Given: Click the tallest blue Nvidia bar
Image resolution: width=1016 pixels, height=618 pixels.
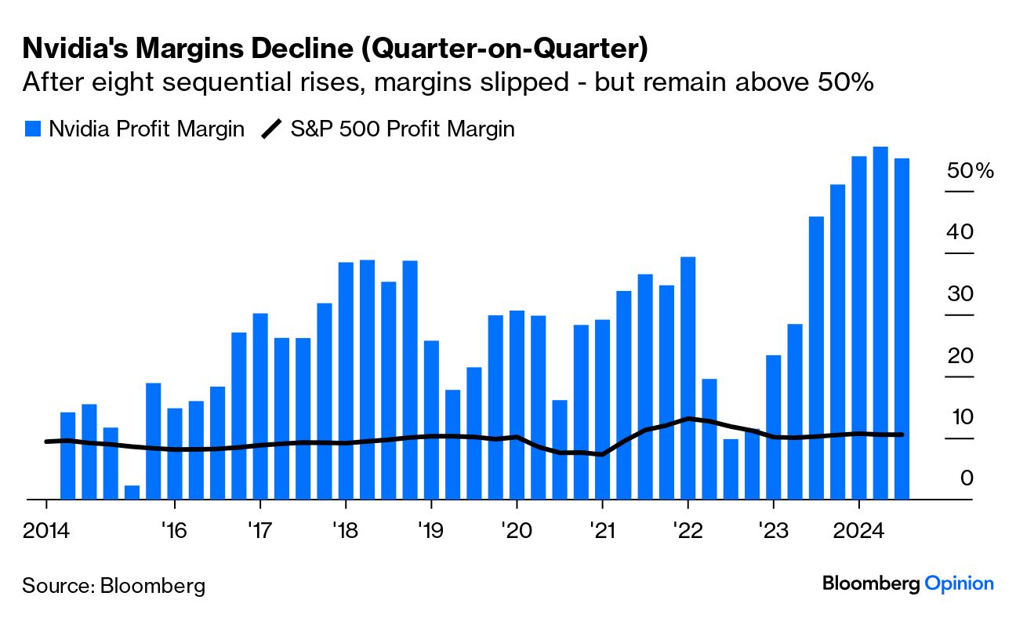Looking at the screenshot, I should tap(880, 322).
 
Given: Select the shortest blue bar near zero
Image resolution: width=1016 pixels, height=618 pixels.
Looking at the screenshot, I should tap(132, 492).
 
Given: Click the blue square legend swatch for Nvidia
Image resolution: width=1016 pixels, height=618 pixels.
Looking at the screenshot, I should tap(32, 129).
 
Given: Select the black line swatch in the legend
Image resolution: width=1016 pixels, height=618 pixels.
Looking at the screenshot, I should tap(271, 129).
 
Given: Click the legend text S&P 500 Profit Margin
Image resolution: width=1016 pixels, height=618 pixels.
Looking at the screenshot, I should tap(402, 129).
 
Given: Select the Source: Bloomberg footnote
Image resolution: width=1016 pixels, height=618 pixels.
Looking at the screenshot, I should tap(114, 585).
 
